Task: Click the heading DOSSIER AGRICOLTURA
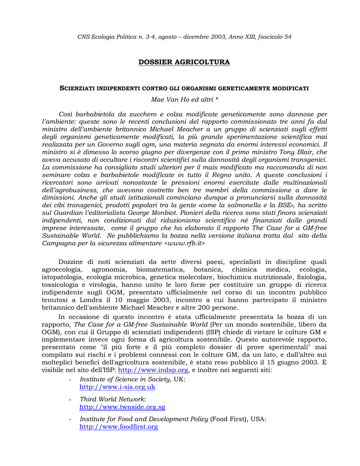click(x=184, y=62)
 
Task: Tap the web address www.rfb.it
click(x=185, y=243)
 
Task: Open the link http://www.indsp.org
click(x=153, y=370)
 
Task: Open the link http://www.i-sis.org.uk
click(x=117, y=387)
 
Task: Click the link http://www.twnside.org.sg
click(x=122, y=407)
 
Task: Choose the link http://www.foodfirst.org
click(x=118, y=427)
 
